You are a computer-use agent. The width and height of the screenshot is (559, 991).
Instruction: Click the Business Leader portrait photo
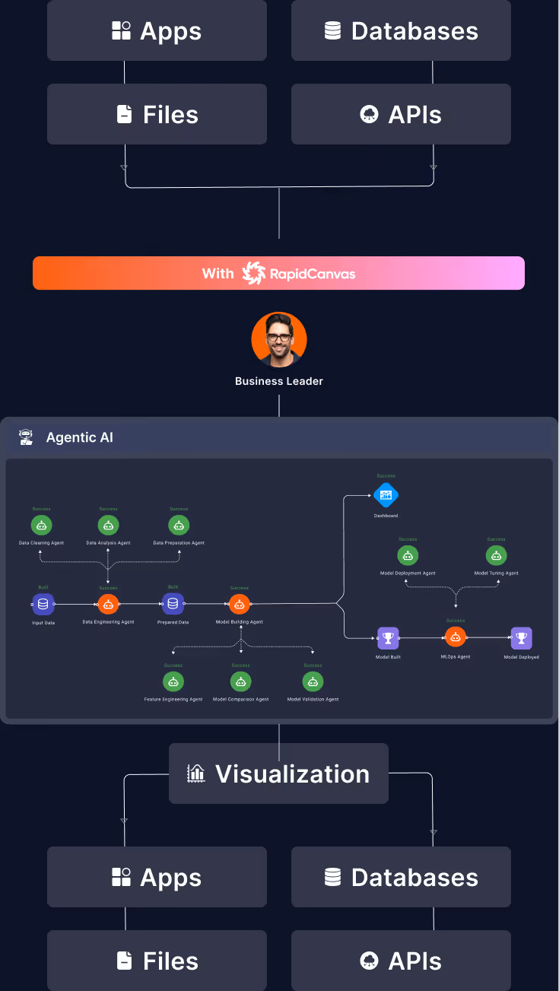click(x=279, y=340)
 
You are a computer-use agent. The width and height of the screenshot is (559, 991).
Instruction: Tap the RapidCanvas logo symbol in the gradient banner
click(x=254, y=273)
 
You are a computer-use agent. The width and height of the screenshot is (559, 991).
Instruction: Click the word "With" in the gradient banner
click(x=218, y=273)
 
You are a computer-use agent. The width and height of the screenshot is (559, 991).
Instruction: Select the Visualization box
click(x=278, y=773)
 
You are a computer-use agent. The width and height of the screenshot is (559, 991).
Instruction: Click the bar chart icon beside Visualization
click(x=196, y=773)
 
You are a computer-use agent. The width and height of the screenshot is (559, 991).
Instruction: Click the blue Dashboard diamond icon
click(x=386, y=495)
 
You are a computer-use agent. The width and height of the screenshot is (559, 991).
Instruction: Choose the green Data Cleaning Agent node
click(x=41, y=525)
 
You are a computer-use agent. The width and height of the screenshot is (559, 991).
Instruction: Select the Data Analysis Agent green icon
click(x=108, y=525)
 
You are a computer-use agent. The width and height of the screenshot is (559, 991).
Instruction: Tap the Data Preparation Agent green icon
click(x=179, y=525)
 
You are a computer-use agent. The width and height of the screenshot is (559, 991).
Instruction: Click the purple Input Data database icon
click(x=43, y=604)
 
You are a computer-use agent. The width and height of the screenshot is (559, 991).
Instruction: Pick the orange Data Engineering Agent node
click(x=108, y=604)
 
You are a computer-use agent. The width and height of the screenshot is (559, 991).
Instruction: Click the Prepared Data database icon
click(x=173, y=604)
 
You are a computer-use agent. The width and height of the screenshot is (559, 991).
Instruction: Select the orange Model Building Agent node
click(x=240, y=604)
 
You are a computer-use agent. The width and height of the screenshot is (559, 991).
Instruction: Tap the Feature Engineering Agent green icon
click(x=173, y=681)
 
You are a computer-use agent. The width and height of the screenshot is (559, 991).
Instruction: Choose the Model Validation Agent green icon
click(x=313, y=681)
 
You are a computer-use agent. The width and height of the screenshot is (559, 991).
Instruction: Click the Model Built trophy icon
click(x=388, y=637)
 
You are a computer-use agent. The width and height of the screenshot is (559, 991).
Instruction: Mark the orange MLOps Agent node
click(x=455, y=637)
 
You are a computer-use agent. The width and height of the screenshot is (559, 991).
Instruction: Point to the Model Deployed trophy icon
click(x=521, y=637)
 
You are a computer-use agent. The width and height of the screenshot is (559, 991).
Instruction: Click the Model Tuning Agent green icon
click(x=496, y=555)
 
